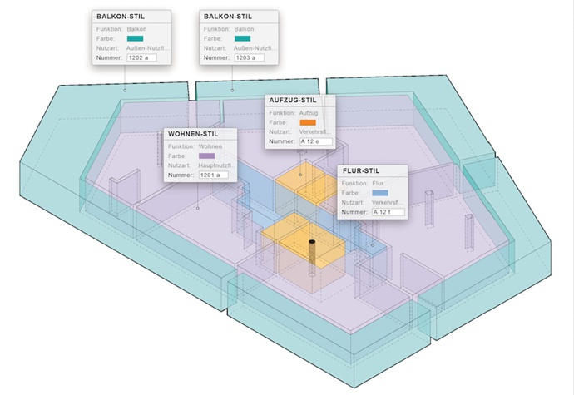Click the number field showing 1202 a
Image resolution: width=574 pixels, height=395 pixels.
point(141,57)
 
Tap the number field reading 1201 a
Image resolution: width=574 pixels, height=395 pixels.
point(214,175)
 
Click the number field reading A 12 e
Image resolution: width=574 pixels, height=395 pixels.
point(315,141)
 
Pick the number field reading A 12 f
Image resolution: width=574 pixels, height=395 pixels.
point(388,212)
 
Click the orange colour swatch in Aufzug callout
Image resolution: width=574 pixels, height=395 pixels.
point(308,121)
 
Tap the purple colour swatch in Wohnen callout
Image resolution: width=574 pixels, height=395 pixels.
point(206,156)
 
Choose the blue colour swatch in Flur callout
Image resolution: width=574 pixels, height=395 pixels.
point(380,192)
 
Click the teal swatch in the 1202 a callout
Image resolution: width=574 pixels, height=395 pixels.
point(135,38)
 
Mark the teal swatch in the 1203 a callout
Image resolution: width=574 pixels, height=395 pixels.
point(242,38)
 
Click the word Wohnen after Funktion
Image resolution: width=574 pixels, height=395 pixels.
point(211,146)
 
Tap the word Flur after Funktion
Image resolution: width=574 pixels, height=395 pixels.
point(378,182)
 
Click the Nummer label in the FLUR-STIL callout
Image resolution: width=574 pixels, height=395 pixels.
point(354,212)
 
